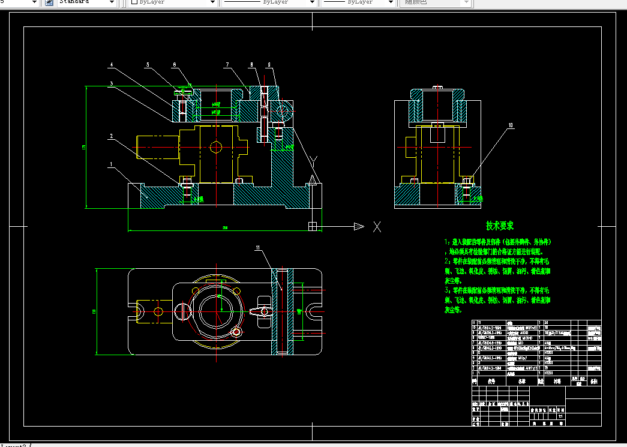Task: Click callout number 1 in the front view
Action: [x=110, y=163]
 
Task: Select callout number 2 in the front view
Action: [x=110, y=136]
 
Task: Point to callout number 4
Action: [x=110, y=65]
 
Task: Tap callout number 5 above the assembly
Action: [x=148, y=65]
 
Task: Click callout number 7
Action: [x=227, y=65]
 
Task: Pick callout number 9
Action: [x=270, y=65]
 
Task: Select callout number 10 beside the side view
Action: [x=511, y=126]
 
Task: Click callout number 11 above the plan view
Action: [x=258, y=247]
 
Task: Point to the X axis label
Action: [x=377, y=226]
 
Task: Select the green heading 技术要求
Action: [x=499, y=226]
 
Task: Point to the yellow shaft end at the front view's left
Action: [x=158, y=146]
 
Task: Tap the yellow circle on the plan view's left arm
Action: [x=158, y=311]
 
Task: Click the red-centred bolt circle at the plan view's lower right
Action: [x=237, y=331]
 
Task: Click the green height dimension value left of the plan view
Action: [x=94, y=311]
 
